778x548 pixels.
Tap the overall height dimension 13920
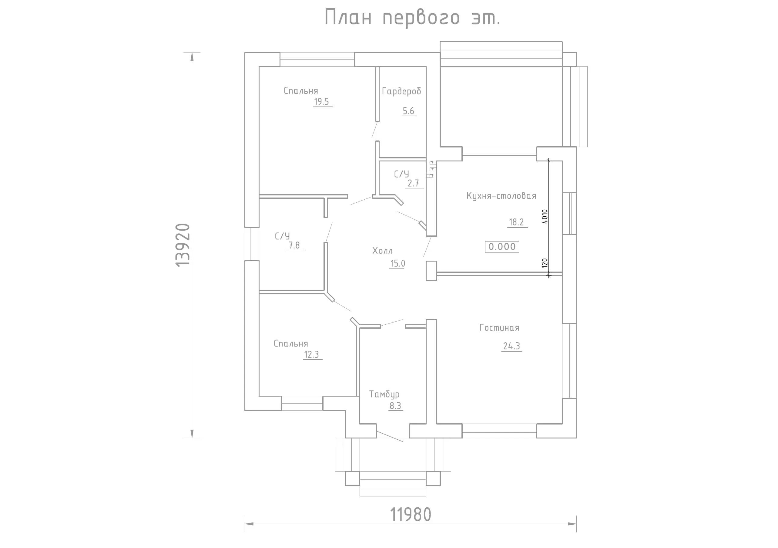point(183,245)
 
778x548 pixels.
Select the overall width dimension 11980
point(411,515)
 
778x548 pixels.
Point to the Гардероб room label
point(401,91)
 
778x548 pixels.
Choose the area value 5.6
point(408,111)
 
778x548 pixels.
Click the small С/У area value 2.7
point(413,183)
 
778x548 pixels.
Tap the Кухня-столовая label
point(501,196)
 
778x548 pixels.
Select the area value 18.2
point(516,222)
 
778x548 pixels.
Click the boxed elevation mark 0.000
point(502,246)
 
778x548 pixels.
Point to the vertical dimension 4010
point(545,216)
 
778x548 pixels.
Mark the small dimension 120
point(545,263)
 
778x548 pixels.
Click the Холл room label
point(382,251)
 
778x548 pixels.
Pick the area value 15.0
point(397,263)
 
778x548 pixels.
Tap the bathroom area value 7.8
point(294,245)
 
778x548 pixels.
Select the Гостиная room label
point(499,328)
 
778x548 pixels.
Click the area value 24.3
point(511,346)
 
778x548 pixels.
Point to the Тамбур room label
point(384,394)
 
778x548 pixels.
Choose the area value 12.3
point(311,354)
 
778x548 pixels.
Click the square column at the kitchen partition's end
point(431,271)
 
